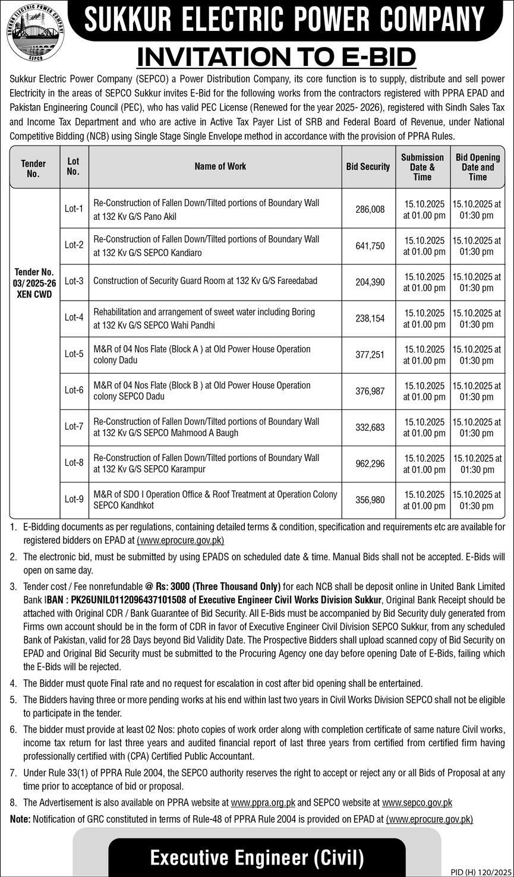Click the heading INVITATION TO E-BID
pyautogui.click(x=276, y=58)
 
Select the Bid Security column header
pyautogui.click(x=368, y=167)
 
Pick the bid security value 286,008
pyautogui.click(x=370, y=209)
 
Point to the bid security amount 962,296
pyautogui.click(x=370, y=463)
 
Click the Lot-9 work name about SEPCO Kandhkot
pyautogui.click(x=215, y=500)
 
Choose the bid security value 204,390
pyautogui.click(x=370, y=282)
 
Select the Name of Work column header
pyautogui.click(x=220, y=167)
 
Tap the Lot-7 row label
pyautogui.click(x=74, y=427)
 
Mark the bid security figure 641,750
pyautogui.click(x=370, y=246)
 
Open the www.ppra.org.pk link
pyautogui.click(x=263, y=803)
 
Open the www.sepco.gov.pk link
pyautogui.click(x=417, y=803)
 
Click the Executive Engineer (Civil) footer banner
pyautogui.click(x=257, y=857)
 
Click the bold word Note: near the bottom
pyautogui.click(x=20, y=819)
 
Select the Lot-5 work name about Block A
pyautogui.click(x=202, y=355)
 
